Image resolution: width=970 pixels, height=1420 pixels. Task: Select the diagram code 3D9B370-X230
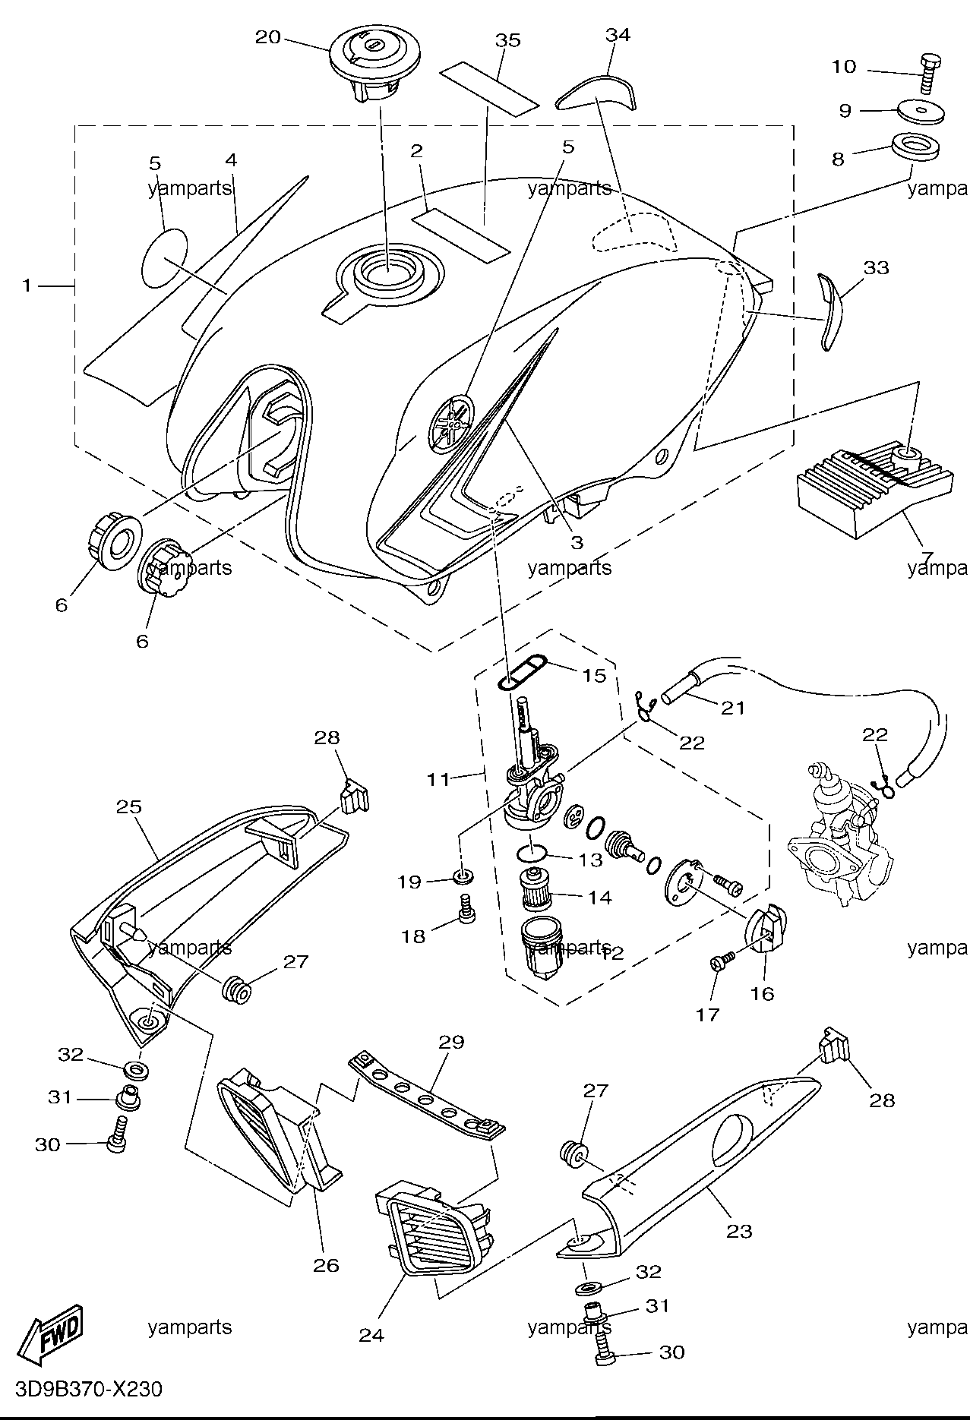coord(82,1390)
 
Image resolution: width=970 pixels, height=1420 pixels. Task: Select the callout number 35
coord(509,39)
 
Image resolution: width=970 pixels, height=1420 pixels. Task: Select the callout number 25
coord(129,806)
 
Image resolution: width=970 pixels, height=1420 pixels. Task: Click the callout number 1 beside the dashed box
coord(27,286)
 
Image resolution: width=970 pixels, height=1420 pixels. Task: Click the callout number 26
coord(327,1265)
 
